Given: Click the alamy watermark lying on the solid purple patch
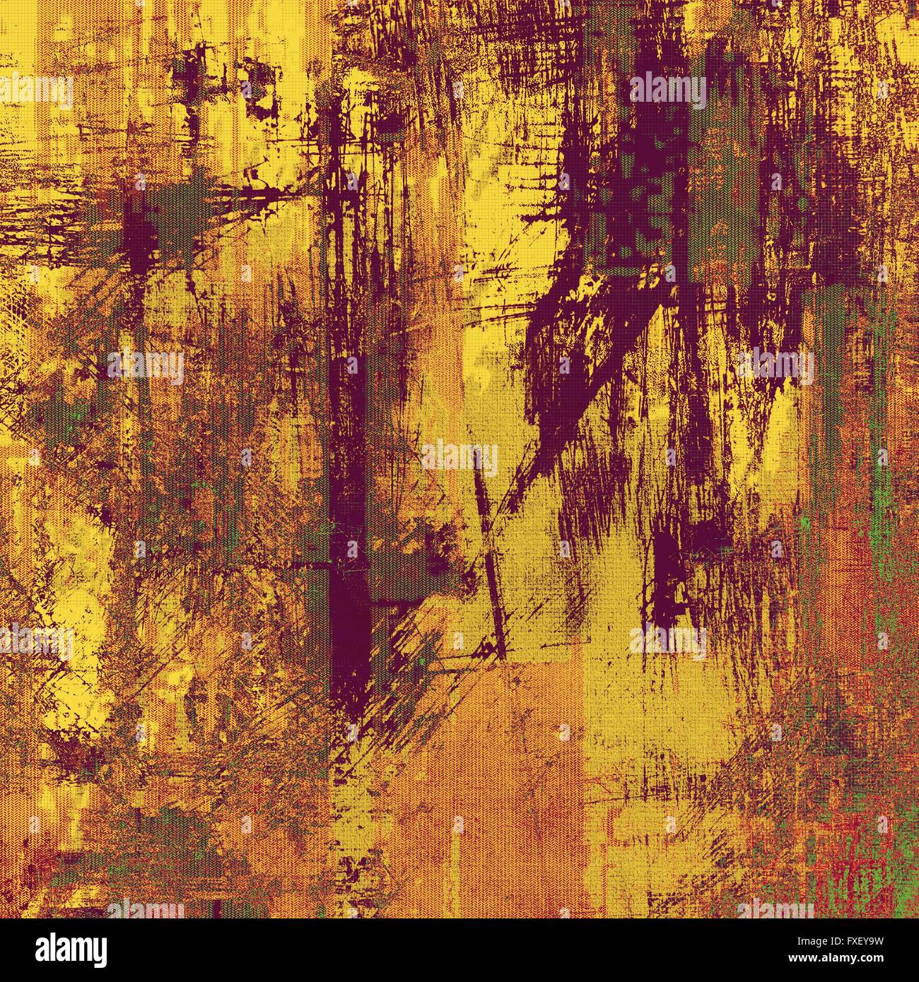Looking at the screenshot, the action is pyautogui.click(x=667, y=90).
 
